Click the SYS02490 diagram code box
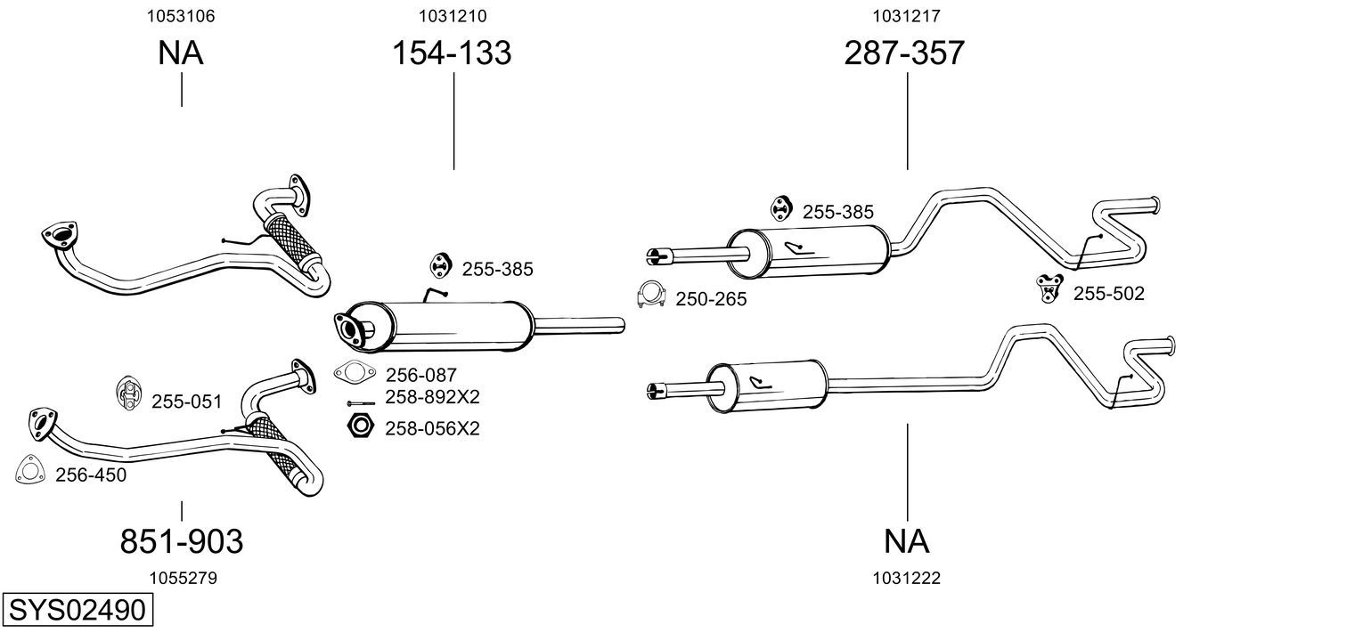click(x=77, y=611)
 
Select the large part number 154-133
click(x=453, y=53)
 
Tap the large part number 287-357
click(x=904, y=53)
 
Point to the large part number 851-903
click(x=181, y=540)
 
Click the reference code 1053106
click(x=181, y=16)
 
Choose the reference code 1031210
click(x=453, y=16)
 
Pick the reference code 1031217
click(x=907, y=16)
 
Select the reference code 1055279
click(x=183, y=578)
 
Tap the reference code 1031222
click(x=907, y=578)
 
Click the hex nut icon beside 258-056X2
click(x=359, y=426)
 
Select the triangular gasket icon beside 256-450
click(x=31, y=472)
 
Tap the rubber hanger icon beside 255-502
click(x=1049, y=288)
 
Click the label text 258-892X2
click(x=432, y=397)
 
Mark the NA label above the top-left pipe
click(x=181, y=53)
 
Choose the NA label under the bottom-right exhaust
click(x=907, y=540)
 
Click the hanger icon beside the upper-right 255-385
click(x=782, y=207)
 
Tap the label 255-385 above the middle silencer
click(x=497, y=269)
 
